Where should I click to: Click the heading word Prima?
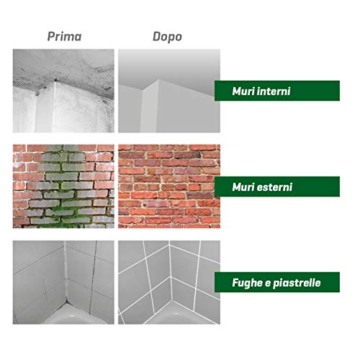tap(64, 37)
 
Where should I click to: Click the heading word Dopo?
tap(167, 37)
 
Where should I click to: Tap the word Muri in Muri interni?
tap(240, 91)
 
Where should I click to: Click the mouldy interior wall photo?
tap(63, 91)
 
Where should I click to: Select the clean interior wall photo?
tap(169, 91)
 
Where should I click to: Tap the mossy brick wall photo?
tap(63, 186)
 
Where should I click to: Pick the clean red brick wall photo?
tap(169, 186)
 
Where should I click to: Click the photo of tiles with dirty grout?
tap(63, 282)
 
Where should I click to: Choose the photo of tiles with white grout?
tap(169, 282)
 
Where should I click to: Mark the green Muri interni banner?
tap(277, 91)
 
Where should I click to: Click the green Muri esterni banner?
tap(277, 186)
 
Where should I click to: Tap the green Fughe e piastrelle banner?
tap(277, 282)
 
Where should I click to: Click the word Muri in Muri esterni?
tap(240, 187)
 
